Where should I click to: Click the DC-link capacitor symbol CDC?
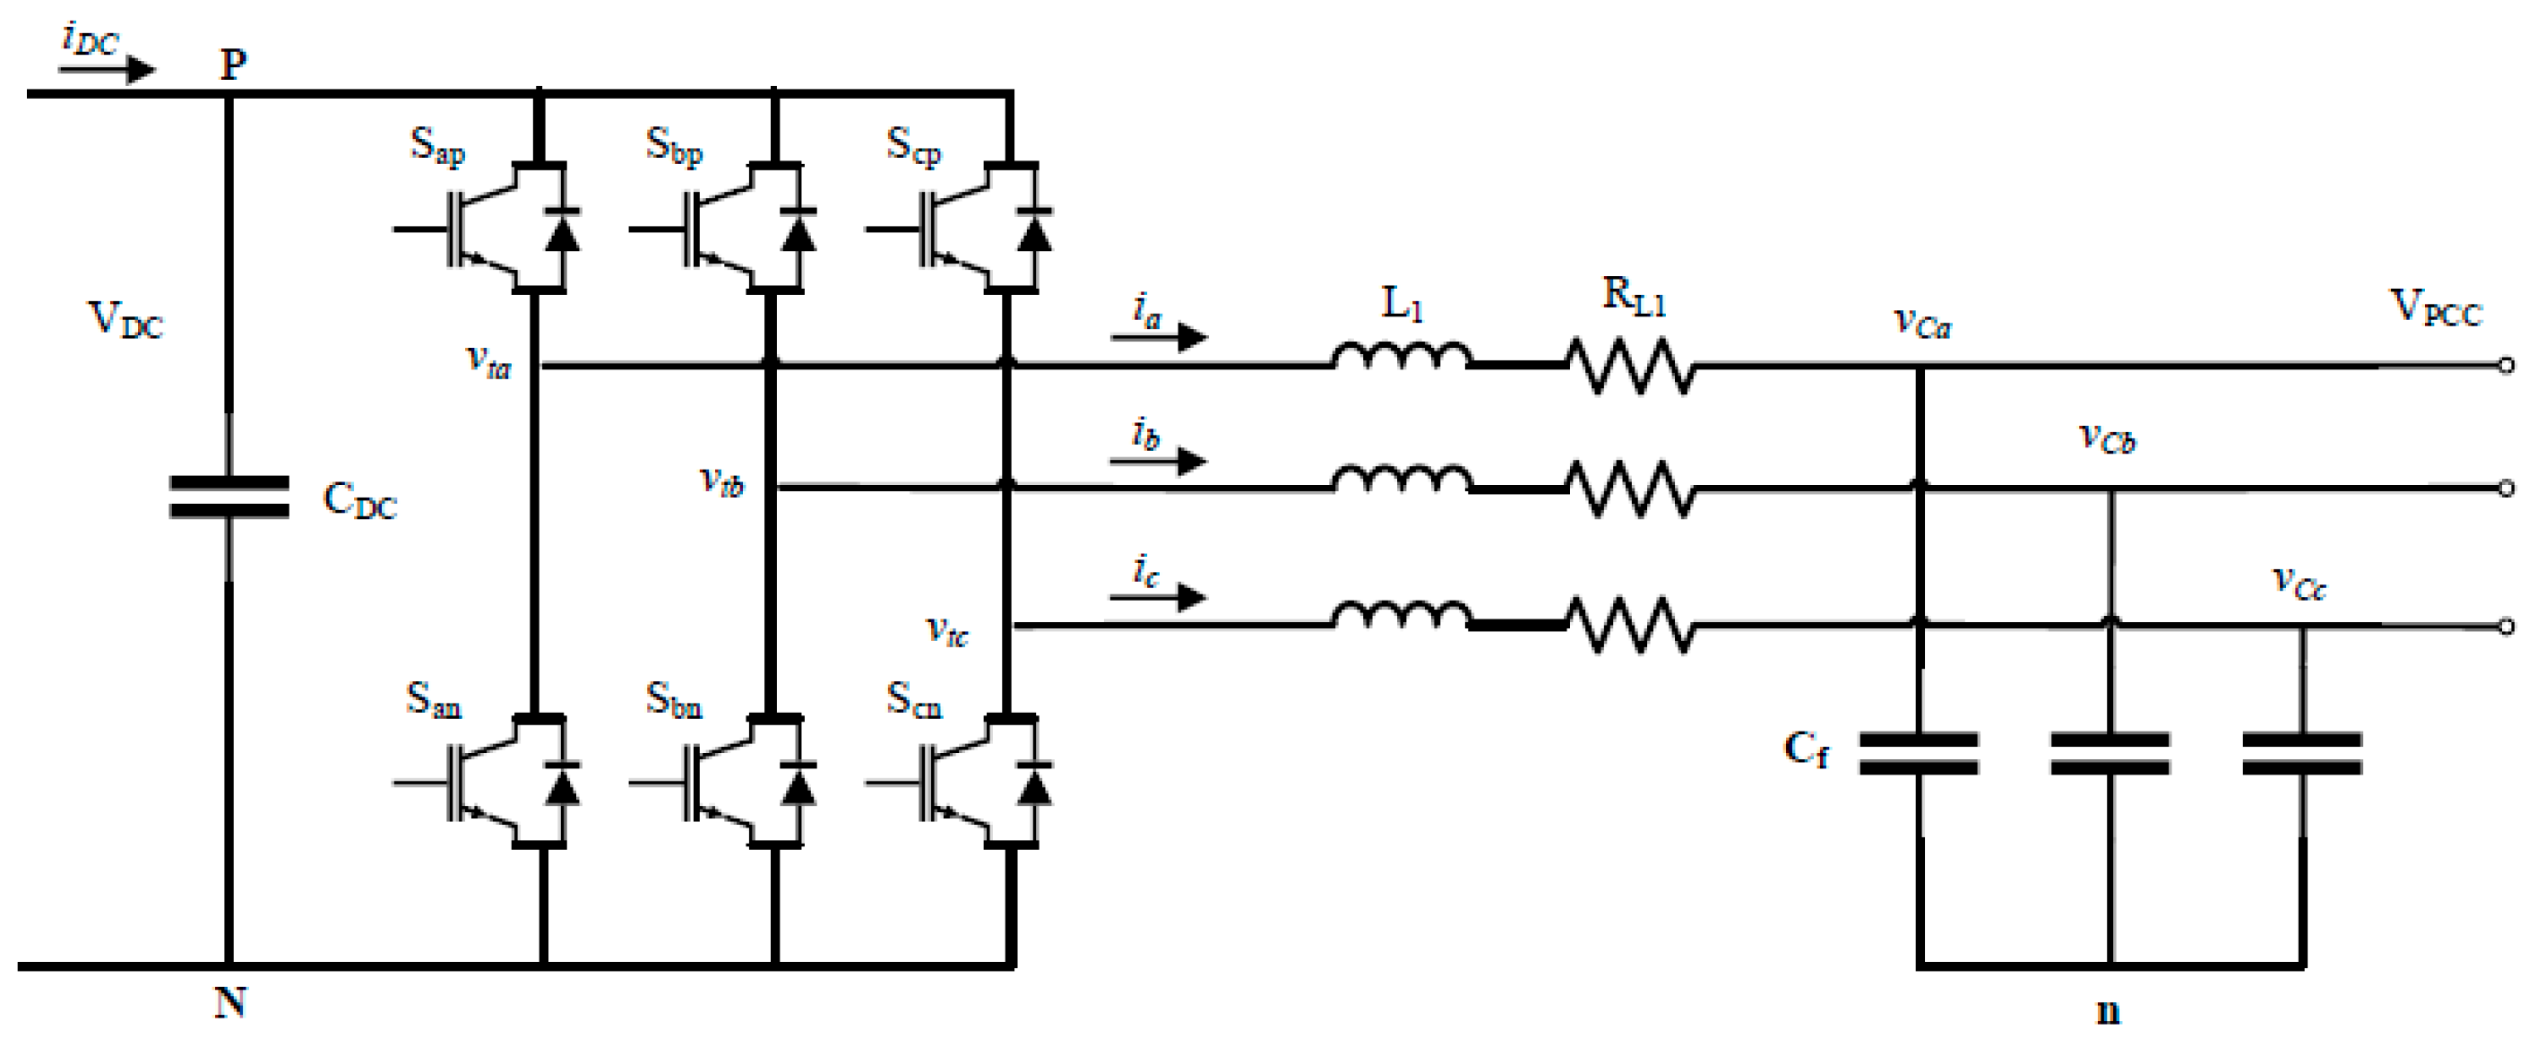229,497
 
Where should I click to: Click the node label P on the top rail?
232,65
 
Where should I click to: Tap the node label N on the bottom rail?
229,1002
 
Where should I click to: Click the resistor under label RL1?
1632,367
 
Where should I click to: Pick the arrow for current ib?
1158,460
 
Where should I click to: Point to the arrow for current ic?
1158,597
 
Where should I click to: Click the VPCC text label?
2436,308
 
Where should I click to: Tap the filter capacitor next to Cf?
1919,753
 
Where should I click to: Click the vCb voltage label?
2107,438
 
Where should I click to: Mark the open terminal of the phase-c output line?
2507,626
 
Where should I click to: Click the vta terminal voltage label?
488,362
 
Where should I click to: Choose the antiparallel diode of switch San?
563,785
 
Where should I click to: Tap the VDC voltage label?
125,320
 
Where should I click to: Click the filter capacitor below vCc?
2301,753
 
